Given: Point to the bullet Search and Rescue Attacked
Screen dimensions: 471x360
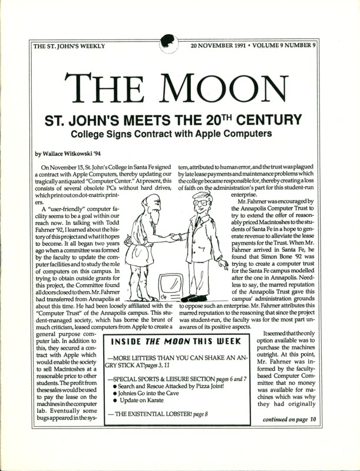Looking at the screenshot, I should click(177, 386).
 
